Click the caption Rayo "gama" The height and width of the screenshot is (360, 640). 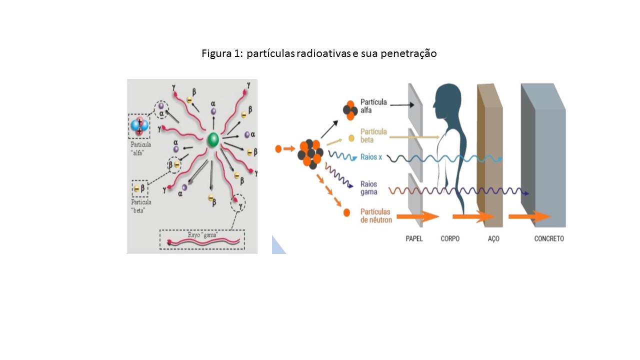202,235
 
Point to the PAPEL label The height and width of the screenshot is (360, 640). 414,239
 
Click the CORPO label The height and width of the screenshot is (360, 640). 450,239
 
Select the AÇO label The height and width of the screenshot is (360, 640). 493,239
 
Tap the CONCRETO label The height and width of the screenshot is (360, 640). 549,239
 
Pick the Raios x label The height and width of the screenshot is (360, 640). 371,157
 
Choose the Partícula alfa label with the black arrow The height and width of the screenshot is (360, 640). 373,106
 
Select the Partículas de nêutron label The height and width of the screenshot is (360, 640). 375,215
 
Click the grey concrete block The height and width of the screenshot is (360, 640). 548,160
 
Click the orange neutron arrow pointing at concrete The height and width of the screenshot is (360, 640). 529,216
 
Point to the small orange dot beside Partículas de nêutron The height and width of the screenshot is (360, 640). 346,213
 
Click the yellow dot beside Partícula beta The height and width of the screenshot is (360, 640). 351,138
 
